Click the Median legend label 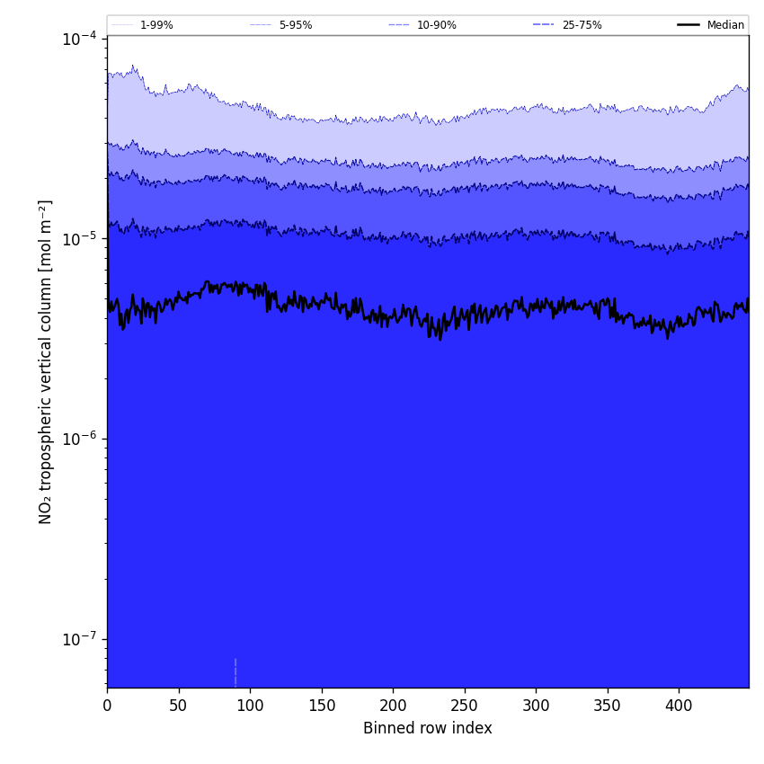point(725,25)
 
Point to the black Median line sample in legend point(688,25)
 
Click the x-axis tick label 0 point(107,706)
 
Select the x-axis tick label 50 point(178,706)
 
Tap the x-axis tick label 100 point(250,706)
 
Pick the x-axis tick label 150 point(321,706)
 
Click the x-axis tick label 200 point(393,706)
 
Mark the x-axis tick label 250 point(464,706)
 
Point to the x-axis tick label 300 point(536,706)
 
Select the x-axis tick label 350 point(607,706)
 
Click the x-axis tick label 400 point(679,706)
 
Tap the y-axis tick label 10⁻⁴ point(79,39)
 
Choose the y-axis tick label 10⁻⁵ point(79,239)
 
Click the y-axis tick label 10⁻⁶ point(79,440)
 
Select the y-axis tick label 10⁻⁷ point(79,640)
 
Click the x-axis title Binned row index point(427,728)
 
